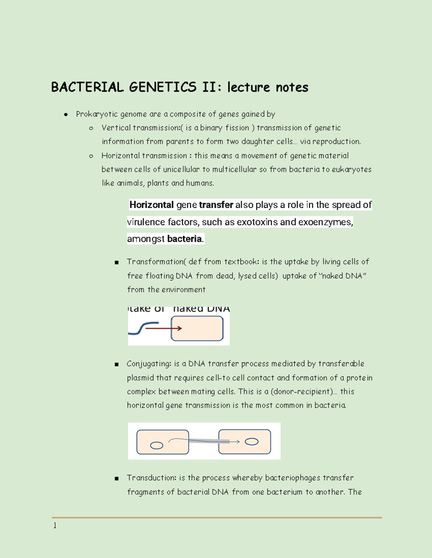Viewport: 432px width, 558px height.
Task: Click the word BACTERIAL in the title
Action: point(87,87)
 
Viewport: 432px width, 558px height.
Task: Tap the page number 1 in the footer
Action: point(55,526)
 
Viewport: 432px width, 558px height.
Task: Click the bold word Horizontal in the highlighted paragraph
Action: point(152,205)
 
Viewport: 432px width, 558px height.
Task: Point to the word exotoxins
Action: point(257,222)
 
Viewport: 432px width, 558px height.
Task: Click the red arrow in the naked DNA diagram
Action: point(164,328)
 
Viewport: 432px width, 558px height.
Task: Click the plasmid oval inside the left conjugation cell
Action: point(157,446)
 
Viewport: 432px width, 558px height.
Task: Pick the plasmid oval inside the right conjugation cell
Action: point(251,442)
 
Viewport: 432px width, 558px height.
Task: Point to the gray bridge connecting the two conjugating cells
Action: point(203,441)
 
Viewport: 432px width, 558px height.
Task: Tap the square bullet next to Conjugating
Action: point(117,365)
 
